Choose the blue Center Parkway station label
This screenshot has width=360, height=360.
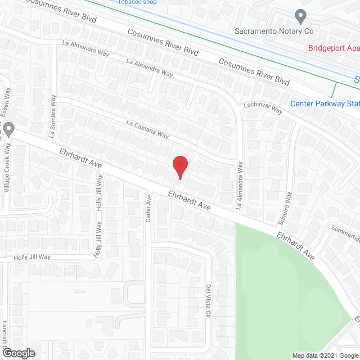325,103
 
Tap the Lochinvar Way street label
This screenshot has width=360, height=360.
263,107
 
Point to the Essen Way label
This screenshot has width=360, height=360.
7,101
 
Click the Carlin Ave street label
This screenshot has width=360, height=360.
149,208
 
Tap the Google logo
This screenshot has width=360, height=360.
19,353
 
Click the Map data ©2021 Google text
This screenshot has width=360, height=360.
325,355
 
